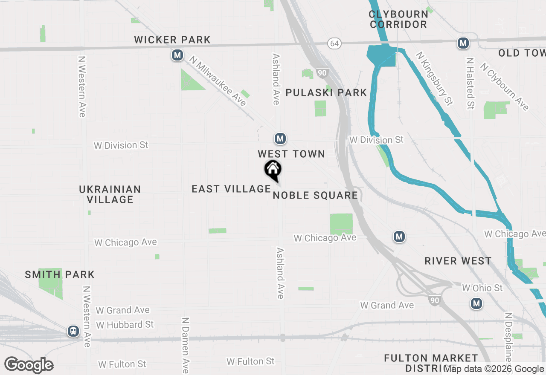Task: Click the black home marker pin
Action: point(273,170)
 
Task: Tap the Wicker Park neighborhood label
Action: point(172,40)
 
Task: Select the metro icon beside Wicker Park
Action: point(177,55)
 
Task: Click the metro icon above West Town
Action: point(280,138)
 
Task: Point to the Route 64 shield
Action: point(334,43)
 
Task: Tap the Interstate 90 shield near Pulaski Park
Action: point(322,73)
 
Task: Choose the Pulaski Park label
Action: point(326,92)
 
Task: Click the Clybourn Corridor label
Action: point(398,19)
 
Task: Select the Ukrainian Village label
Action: point(110,194)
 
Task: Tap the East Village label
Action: point(231,189)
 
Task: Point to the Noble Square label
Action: point(315,196)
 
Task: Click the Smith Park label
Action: point(60,274)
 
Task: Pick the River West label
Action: point(458,261)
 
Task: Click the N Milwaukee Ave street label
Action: point(218,81)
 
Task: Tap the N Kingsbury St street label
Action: point(434,78)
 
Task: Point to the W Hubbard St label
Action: point(125,325)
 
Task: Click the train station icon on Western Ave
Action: point(73,331)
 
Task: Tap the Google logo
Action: point(29,365)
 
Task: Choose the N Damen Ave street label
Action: point(186,345)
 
